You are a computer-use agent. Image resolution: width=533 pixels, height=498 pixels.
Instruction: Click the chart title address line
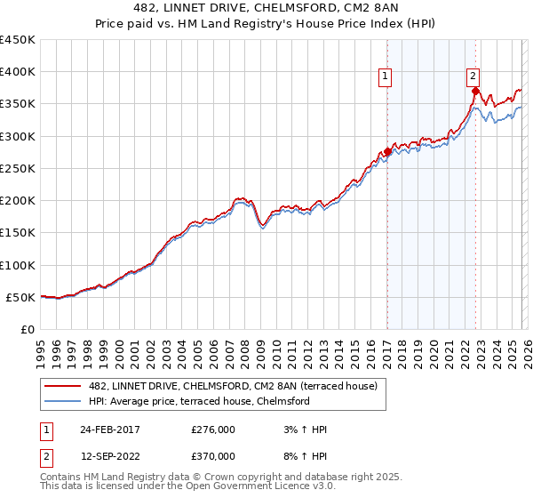[x=266, y=8]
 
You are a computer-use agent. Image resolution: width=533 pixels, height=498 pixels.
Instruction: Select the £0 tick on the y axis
[x=28, y=330]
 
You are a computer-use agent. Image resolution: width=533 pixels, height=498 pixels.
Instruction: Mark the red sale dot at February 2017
[x=387, y=152]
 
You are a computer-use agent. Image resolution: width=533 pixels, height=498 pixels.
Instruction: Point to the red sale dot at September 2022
[x=476, y=91]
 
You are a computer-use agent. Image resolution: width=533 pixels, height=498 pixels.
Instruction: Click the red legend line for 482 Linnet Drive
[x=62, y=386]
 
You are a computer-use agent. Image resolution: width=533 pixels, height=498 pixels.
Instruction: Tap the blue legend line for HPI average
[x=62, y=401]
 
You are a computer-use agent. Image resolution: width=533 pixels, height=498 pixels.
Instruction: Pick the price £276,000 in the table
[x=213, y=430]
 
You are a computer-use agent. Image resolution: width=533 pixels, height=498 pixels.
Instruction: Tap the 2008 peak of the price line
[x=241, y=197]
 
